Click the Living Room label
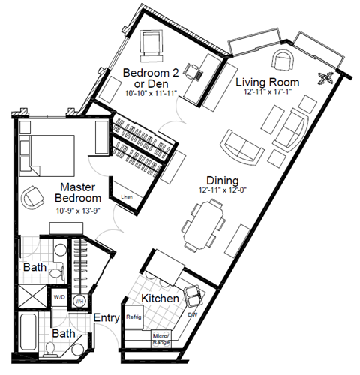tap(268, 82)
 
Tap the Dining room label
tap(223, 181)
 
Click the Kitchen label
tap(160, 298)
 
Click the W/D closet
tap(58, 297)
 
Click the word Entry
tap(106, 318)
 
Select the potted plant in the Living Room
tap(327, 76)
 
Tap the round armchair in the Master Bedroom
tap(33, 196)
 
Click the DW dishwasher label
tap(193, 314)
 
